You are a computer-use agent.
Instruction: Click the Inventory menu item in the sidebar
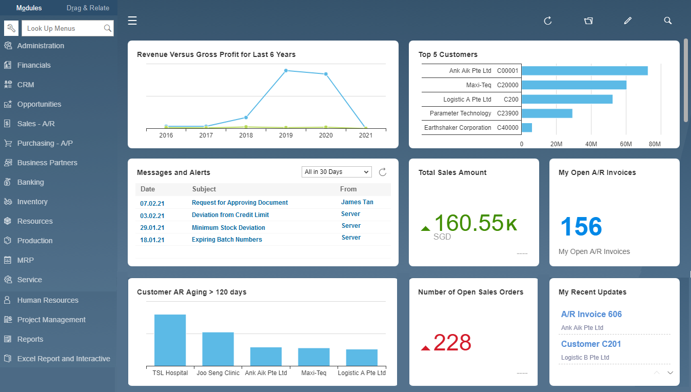point(32,202)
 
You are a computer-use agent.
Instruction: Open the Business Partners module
point(47,163)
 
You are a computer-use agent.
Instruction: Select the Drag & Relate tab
point(88,8)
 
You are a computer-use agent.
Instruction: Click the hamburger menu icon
point(132,21)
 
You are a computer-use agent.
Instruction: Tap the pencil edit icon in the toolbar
point(628,21)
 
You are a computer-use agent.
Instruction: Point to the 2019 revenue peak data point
point(286,71)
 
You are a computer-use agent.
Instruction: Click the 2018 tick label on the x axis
point(246,135)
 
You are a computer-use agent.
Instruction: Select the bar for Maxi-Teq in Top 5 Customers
point(574,85)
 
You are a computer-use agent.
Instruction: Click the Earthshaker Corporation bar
point(527,127)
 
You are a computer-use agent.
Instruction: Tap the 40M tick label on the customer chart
point(591,144)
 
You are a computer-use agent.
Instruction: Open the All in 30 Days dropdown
point(337,172)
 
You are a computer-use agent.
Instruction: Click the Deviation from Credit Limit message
point(230,215)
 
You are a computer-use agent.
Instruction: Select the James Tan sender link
point(357,202)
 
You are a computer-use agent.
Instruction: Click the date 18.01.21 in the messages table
point(152,240)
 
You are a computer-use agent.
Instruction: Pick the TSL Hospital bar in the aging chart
point(170,340)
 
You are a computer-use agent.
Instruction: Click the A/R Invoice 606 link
point(591,314)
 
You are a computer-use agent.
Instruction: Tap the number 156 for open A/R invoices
point(581,227)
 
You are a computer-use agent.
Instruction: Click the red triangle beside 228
point(425,348)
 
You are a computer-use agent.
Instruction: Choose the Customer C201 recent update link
point(591,344)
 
